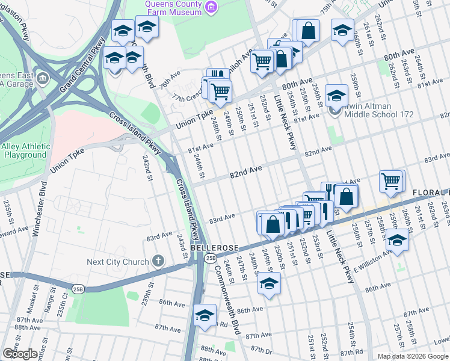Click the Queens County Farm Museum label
(x=173, y=8)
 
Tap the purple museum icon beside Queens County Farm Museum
(x=211, y=7)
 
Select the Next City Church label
(x=117, y=262)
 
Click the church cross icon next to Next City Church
(x=158, y=261)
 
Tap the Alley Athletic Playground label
(x=25, y=150)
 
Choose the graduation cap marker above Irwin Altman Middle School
(x=337, y=95)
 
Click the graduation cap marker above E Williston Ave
(x=397, y=240)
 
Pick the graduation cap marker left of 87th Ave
(x=205, y=315)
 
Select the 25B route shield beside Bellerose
(x=209, y=258)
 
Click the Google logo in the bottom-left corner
(x=20, y=353)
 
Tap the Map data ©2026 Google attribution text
(x=413, y=356)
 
